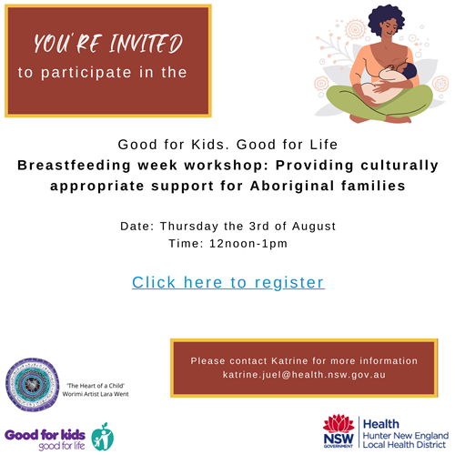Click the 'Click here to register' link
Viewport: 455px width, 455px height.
[228, 282]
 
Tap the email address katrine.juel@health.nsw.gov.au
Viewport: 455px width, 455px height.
[304, 375]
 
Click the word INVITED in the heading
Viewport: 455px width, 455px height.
[146, 44]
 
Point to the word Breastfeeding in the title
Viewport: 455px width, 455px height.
[74, 166]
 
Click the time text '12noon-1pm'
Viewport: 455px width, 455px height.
[248, 244]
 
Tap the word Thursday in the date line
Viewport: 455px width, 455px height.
[189, 227]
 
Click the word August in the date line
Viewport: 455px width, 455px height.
[314, 227]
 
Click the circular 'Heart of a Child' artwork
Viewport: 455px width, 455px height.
[32, 385]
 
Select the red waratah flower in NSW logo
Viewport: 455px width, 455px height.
[339, 423]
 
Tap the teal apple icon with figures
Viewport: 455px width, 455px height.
[103, 437]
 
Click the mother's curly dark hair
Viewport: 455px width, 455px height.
[386, 19]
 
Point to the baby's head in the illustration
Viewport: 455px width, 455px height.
[408, 71]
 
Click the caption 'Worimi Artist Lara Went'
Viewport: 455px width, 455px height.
[96, 394]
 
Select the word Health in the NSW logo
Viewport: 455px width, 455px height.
[381, 424]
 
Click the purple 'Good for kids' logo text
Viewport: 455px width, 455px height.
[45, 435]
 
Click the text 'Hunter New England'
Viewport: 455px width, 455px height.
[406, 436]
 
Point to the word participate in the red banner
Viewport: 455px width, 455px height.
[86, 73]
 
